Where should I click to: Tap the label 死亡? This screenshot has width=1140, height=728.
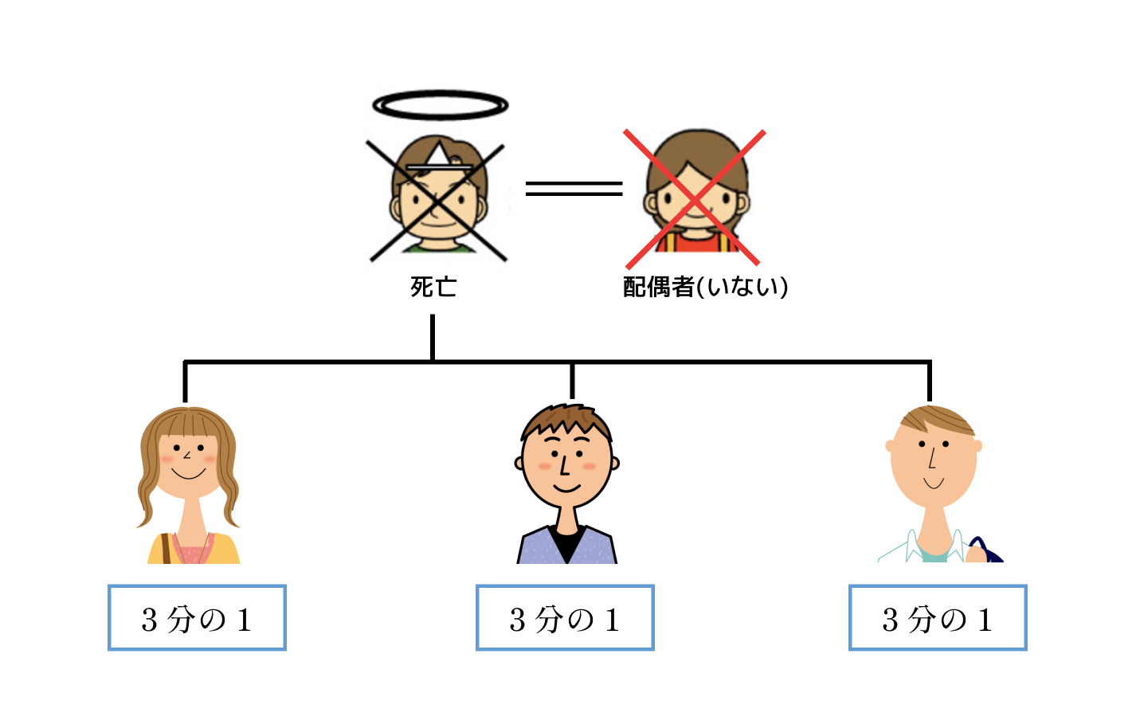[x=433, y=287]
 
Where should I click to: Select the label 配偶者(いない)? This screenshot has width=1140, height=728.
[x=705, y=287]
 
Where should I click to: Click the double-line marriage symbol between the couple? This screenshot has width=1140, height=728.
[x=574, y=189]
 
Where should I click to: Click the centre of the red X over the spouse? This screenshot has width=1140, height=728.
[x=694, y=199]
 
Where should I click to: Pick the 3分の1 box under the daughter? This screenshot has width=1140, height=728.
[x=197, y=617]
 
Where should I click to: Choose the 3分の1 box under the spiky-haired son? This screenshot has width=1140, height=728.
[x=565, y=617]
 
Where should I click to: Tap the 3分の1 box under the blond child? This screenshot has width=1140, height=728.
[x=938, y=617]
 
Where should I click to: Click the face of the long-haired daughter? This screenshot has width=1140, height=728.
[x=188, y=464]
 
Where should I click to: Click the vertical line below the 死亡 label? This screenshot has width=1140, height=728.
[x=433, y=337]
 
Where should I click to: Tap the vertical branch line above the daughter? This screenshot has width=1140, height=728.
[x=186, y=382]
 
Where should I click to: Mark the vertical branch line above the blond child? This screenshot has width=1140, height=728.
[x=930, y=382]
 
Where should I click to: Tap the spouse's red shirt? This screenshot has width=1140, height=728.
[x=695, y=245]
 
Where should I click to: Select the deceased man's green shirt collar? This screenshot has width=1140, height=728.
[x=439, y=249]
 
